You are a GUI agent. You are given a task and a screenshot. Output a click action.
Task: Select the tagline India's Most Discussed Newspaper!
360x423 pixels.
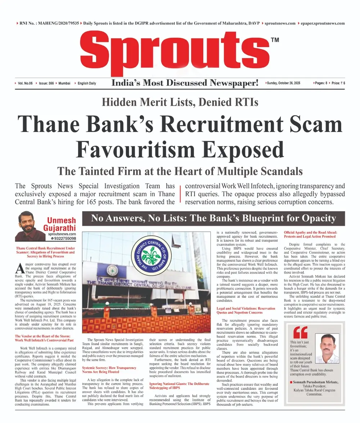(185, 83)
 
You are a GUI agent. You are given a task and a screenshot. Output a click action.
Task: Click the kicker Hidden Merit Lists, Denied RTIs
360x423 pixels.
(180, 102)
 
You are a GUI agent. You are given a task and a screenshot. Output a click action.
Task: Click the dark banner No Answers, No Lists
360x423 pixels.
(213, 218)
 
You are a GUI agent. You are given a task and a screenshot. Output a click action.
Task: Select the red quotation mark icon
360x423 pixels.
(300, 333)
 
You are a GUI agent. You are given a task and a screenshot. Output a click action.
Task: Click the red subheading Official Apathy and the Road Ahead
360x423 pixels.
(310, 234)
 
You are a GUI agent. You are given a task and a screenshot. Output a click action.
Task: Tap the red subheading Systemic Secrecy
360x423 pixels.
(109, 370)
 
